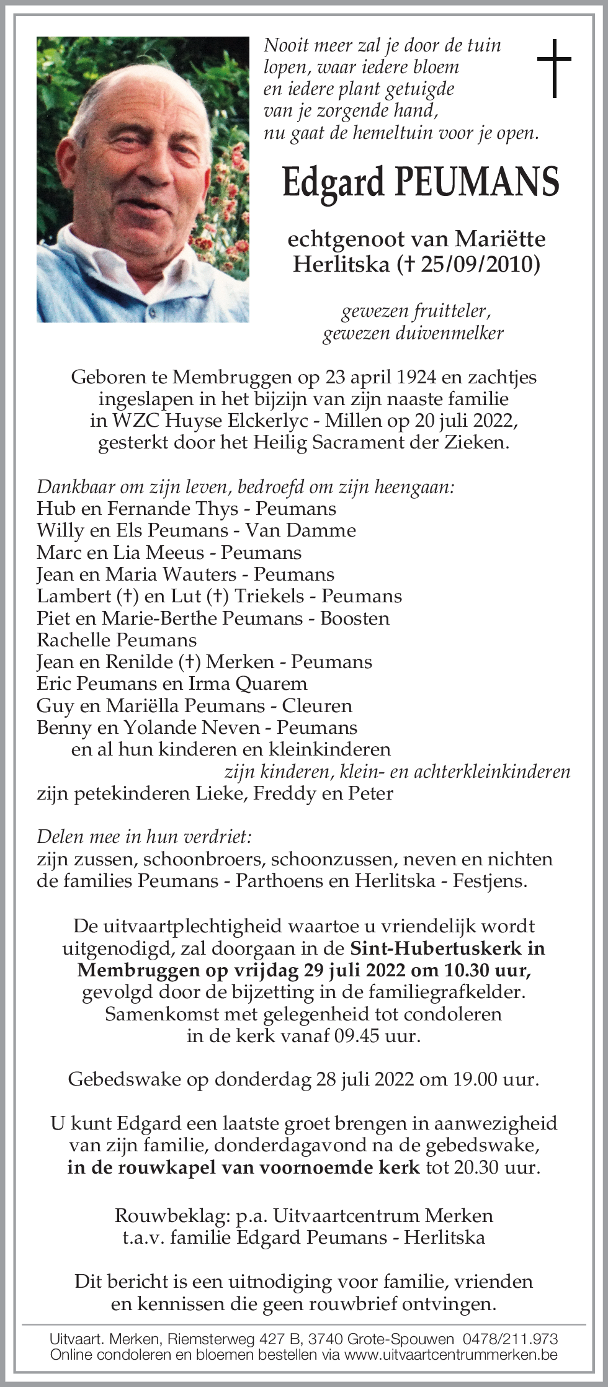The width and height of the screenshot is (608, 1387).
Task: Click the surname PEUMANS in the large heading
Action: (x=477, y=182)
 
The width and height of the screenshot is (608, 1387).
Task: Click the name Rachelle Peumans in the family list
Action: (x=117, y=640)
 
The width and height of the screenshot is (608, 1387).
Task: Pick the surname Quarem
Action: (x=277, y=684)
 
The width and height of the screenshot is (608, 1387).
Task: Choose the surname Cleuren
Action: (x=317, y=705)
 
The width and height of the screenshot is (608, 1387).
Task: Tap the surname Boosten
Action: (x=355, y=618)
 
